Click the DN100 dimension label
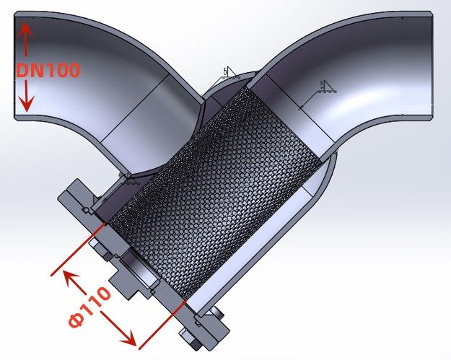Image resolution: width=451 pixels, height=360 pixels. tap(48, 70)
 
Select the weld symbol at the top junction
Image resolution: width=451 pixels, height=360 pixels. tap(228, 73)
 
